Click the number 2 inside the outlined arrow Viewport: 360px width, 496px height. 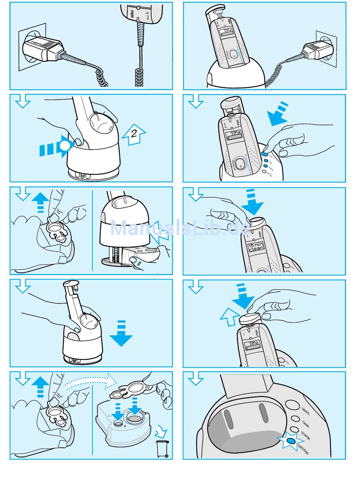133,133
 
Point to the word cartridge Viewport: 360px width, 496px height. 303,449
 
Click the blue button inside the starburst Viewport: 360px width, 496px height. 291,441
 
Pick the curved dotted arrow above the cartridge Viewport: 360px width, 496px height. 91,381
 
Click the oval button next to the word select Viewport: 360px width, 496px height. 292,405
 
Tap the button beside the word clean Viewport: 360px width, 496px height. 294,419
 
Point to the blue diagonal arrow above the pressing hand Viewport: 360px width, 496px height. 279,114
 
